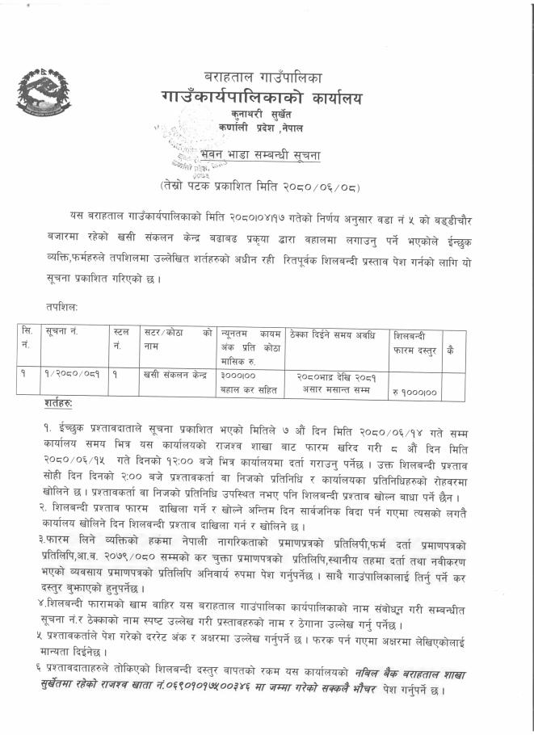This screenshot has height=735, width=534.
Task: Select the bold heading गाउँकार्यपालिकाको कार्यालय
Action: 263,99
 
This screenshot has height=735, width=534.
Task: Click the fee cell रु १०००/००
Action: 414,391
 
